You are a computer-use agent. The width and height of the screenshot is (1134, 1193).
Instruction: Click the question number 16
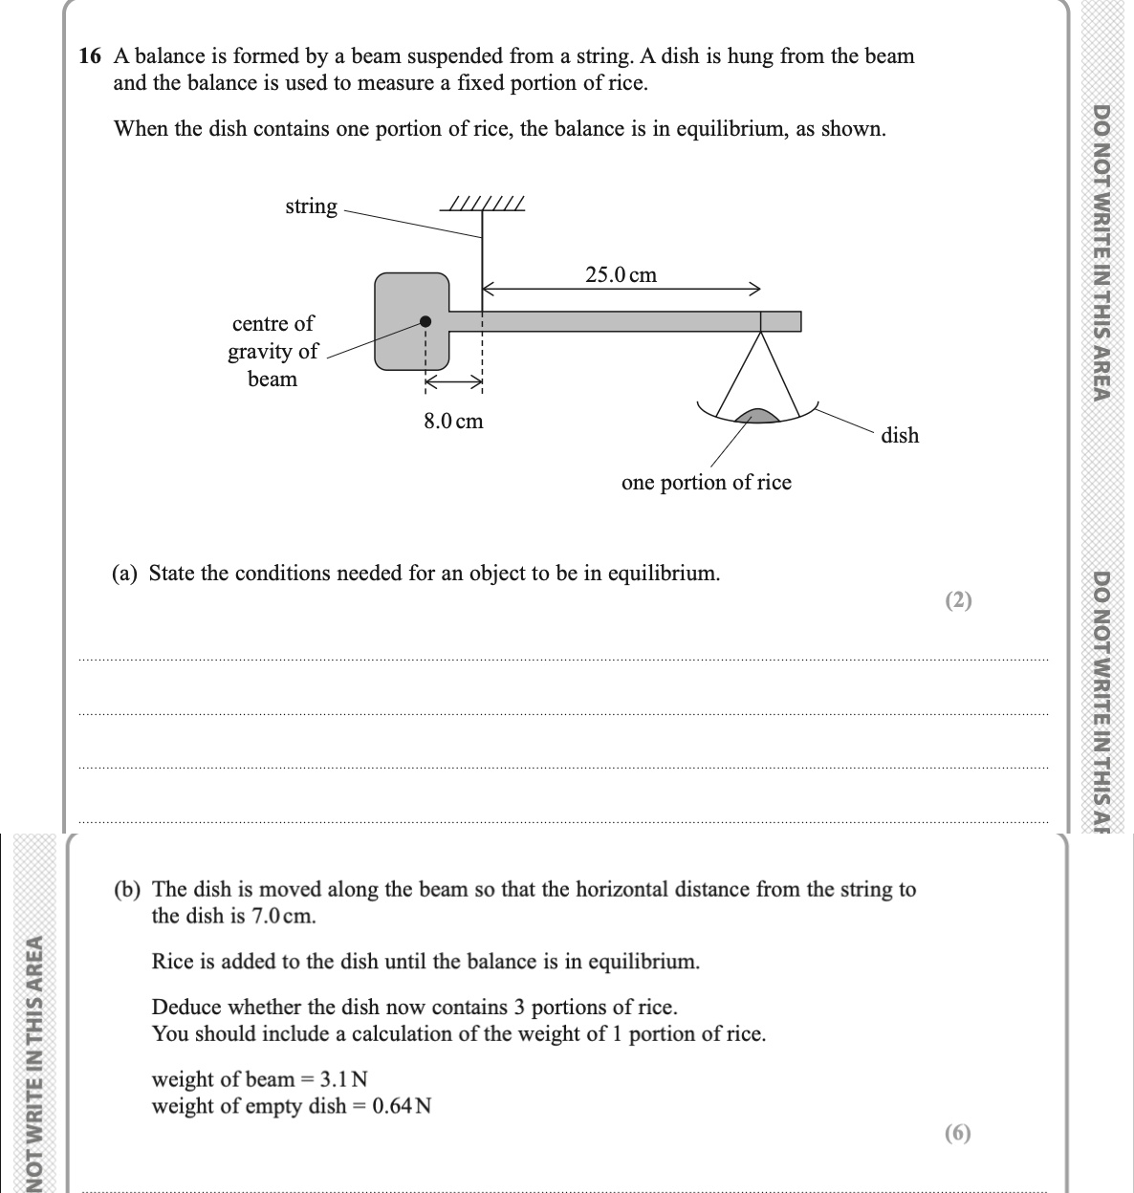(x=89, y=56)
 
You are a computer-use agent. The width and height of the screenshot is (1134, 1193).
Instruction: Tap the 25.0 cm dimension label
(x=622, y=275)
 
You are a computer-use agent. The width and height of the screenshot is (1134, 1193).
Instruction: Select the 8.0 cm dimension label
(x=454, y=421)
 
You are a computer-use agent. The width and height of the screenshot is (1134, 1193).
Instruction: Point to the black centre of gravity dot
(x=426, y=321)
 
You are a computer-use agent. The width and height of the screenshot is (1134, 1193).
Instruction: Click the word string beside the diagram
(x=311, y=206)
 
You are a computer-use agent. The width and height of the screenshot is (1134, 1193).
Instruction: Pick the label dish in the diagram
(x=900, y=436)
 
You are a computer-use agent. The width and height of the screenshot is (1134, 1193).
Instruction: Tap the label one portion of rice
(x=707, y=482)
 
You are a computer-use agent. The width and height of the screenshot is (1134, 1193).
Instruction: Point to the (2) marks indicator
(x=957, y=600)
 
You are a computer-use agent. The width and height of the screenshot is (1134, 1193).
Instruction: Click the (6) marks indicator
(x=957, y=1133)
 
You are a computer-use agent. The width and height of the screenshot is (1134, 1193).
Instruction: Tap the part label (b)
(x=127, y=890)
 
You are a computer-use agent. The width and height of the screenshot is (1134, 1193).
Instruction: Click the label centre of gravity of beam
(x=273, y=351)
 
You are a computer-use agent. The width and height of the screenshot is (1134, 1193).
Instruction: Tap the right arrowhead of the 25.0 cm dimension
(x=755, y=287)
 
